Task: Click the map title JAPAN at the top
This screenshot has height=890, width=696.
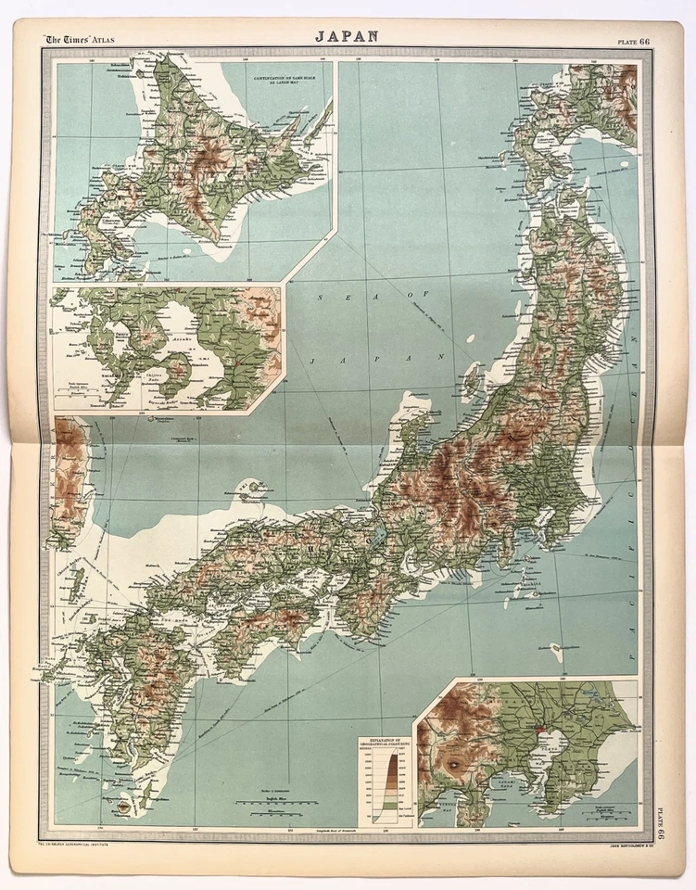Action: [347, 36]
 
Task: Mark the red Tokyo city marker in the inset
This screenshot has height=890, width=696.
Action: [541, 731]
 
